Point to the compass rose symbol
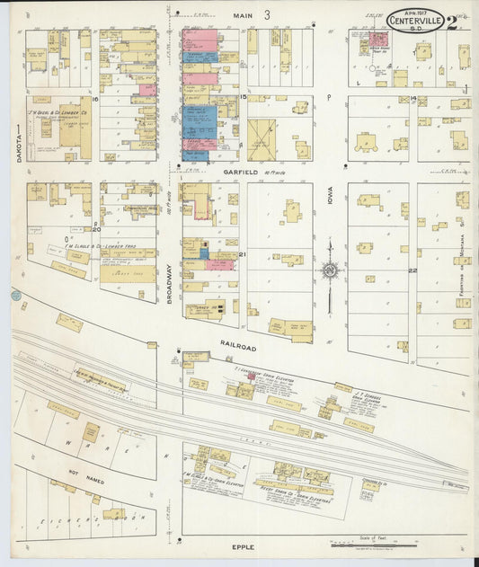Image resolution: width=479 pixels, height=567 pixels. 330,269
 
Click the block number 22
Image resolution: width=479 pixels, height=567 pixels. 412,270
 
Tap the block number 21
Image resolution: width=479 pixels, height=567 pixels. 243,255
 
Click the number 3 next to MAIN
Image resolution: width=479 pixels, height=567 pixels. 267,15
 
